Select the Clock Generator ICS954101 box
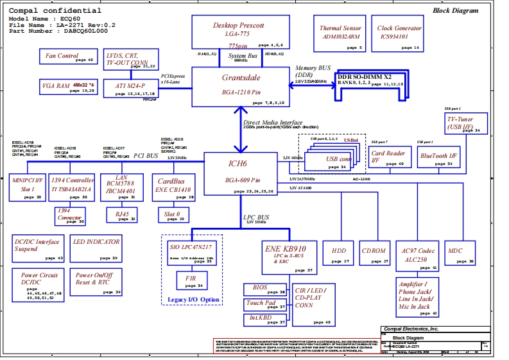point(399,35)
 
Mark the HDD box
point(337,253)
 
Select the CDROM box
point(374,253)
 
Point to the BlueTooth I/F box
point(439,158)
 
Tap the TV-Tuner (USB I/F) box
point(469,122)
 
